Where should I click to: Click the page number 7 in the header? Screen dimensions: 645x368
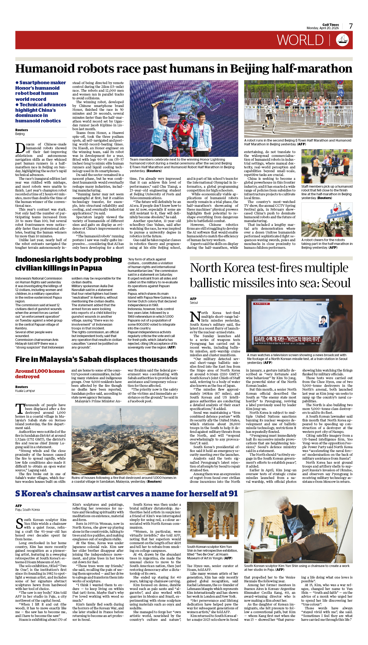point(351,26)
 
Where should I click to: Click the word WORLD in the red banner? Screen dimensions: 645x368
point(300,40)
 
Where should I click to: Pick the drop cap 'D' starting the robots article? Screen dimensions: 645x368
point(20,148)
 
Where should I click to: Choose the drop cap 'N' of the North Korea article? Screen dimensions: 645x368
point(195,317)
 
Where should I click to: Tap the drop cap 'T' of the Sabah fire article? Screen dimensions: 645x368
point(20,409)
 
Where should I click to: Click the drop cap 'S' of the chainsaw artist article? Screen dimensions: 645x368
point(19,523)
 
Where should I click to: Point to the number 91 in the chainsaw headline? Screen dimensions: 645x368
point(232,493)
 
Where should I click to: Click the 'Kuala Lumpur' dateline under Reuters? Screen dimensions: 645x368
point(25,391)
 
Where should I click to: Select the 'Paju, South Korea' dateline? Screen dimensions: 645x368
point(27,509)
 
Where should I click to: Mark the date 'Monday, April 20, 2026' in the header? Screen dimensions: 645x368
point(323,28)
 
